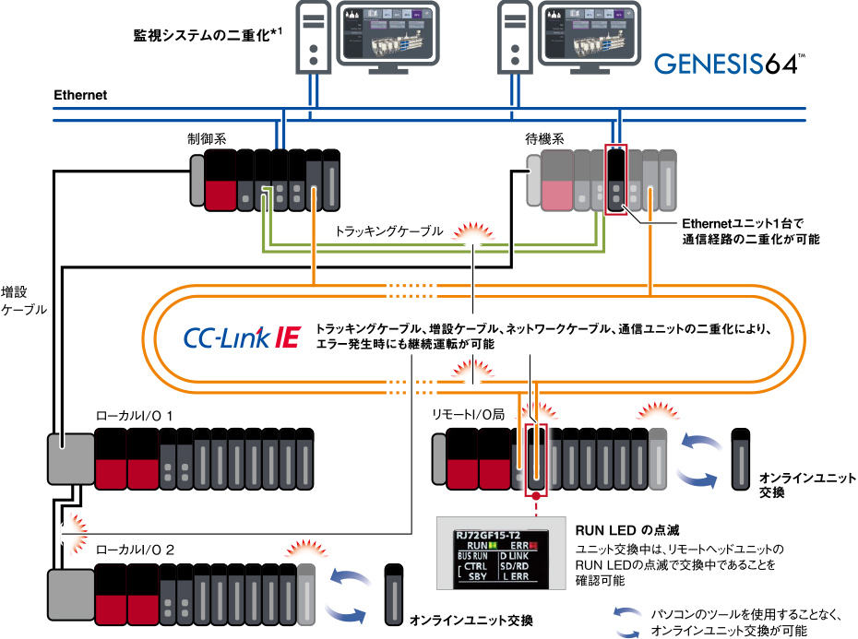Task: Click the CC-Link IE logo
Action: [242, 336]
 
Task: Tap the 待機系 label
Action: [545, 138]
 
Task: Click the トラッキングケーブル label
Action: [389, 231]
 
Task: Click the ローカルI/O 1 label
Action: [141, 416]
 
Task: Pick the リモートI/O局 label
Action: [468, 416]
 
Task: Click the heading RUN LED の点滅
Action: [627, 530]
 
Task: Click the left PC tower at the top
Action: [314, 36]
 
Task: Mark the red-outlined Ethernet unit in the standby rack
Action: [615, 179]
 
